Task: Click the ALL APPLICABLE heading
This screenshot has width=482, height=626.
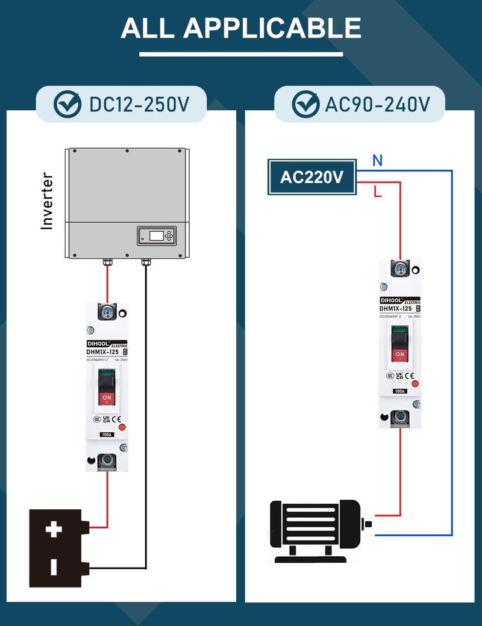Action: tap(241, 28)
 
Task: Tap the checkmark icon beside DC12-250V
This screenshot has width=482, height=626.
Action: tap(68, 105)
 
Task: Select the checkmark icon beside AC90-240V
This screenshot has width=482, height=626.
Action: tap(305, 105)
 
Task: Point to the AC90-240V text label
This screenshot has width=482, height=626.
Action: tap(377, 105)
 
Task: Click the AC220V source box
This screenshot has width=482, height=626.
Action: tap(311, 178)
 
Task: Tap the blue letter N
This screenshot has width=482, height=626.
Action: tap(377, 161)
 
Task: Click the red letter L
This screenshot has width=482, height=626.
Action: tap(378, 193)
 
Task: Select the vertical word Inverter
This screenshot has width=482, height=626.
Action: tap(47, 201)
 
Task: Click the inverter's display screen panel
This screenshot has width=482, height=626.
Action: tap(157, 235)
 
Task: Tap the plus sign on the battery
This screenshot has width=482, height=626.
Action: tap(54, 530)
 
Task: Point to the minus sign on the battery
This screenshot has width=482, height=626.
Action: tap(54, 566)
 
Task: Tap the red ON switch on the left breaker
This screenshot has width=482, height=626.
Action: tap(107, 398)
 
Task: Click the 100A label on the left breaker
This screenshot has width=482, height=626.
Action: tap(107, 435)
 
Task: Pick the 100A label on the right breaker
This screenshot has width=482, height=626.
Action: tap(399, 391)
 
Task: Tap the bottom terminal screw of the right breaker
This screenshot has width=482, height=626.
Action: tap(399, 417)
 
